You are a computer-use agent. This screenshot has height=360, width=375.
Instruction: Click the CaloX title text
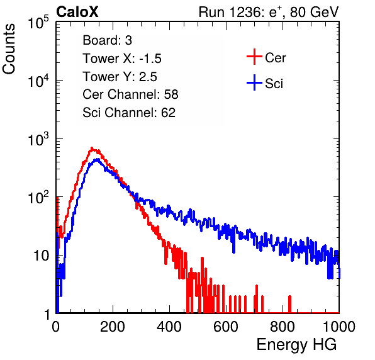pos(77,12)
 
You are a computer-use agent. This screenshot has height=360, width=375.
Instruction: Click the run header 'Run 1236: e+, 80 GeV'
pos(269,12)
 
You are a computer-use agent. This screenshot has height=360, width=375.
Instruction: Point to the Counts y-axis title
pos(9,49)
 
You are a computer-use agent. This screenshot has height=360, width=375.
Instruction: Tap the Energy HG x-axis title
pos(296,344)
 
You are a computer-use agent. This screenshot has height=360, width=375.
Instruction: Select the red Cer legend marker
pos(254,57)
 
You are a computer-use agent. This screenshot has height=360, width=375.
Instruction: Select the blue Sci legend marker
pos(254,83)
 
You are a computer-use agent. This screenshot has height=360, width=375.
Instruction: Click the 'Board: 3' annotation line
pos(107,40)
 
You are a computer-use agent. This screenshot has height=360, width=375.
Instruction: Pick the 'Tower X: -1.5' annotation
pos(122,59)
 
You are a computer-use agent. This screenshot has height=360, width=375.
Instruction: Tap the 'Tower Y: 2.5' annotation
pos(120,77)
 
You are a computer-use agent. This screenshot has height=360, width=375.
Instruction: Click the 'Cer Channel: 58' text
pos(130,94)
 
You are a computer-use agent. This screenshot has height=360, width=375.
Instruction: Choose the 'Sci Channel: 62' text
pos(129,113)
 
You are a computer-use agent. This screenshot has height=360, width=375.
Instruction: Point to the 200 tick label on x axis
pos(113,326)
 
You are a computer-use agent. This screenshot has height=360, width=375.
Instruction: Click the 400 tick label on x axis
pos(169,326)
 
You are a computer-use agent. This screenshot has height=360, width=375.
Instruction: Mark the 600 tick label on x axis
pos(226,326)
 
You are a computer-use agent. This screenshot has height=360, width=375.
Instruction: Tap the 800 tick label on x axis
pos(283,326)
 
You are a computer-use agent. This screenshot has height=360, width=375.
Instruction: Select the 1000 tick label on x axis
pos(339,326)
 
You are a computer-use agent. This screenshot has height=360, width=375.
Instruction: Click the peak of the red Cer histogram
pos(92,148)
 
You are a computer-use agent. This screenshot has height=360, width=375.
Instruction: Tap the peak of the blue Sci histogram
pos(97,159)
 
